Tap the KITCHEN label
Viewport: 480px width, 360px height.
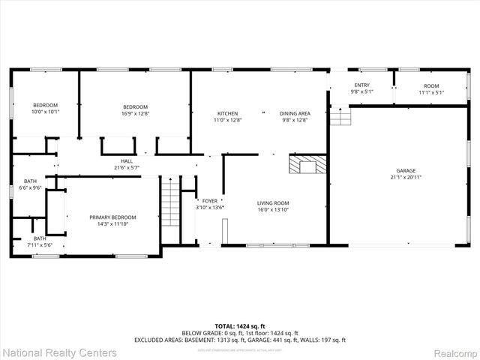click(x=228, y=112)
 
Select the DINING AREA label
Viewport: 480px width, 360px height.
click(x=295, y=112)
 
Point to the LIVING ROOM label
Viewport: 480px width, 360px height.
click(x=273, y=202)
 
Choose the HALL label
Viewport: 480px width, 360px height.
click(x=127, y=161)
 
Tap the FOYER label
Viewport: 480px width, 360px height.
click(x=209, y=202)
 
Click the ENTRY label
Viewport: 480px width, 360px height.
click(x=361, y=86)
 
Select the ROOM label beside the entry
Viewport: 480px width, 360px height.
click(x=431, y=86)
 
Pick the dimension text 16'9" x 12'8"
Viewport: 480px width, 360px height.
click(x=136, y=113)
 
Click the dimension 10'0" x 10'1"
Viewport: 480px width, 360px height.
click(x=45, y=112)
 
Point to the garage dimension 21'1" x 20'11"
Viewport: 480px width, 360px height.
click(x=405, y=178)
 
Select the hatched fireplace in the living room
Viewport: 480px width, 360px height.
click(x=308, y=164)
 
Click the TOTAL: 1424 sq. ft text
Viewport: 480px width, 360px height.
click(x=239, y=326)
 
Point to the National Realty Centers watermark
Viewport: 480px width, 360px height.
click(x=59, y=352)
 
